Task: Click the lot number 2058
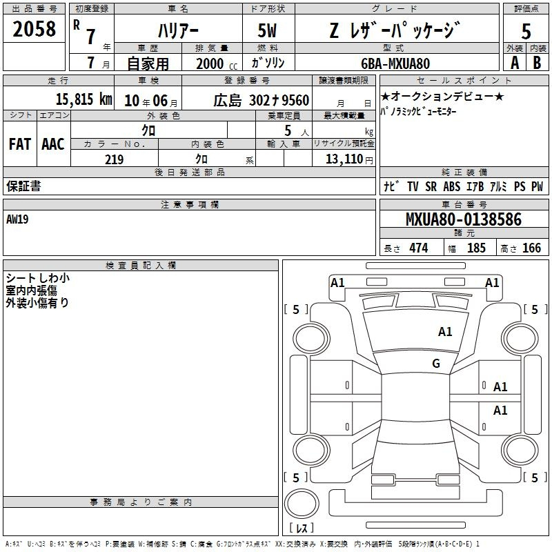34,28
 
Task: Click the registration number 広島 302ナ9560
261,100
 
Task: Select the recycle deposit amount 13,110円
349,159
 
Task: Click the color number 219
114,159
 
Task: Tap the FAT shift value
19,144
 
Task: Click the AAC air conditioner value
52,144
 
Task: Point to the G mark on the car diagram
436,364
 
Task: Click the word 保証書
23,186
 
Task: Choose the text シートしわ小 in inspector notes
38,278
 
